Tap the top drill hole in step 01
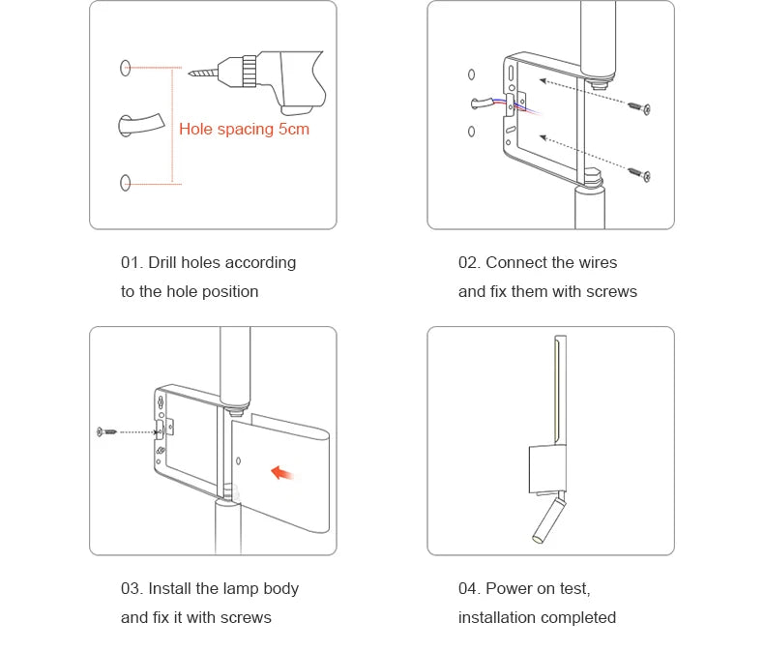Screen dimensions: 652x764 point(125,68)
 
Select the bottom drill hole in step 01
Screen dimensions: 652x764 point(125,182)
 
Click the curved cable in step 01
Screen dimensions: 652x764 point(140,125)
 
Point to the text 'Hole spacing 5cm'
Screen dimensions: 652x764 point(244,129)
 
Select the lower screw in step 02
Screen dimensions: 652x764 point(639,174)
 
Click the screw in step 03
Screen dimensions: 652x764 point(105,430)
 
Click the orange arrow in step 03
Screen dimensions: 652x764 point(283,472)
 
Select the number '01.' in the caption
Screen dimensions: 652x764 point(132,262)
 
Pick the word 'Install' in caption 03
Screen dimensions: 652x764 point(171,588)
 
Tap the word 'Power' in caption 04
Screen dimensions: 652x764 point(508,588)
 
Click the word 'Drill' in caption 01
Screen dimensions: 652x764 point(164,262)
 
